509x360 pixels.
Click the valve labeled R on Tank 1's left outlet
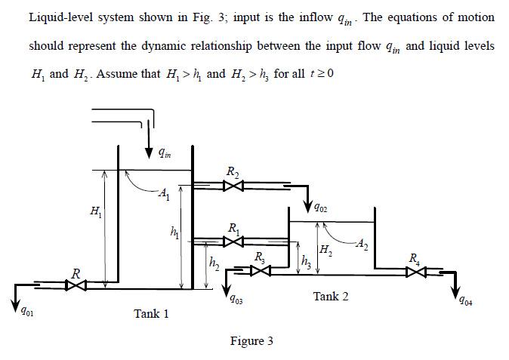[x=75, y=285]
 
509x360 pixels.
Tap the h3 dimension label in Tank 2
[x=305, y=261]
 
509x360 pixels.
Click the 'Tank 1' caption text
[x=151, y=313]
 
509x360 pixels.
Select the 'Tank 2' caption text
[x=331, y=297]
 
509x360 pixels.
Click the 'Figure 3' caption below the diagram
[x=251, y=341]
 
